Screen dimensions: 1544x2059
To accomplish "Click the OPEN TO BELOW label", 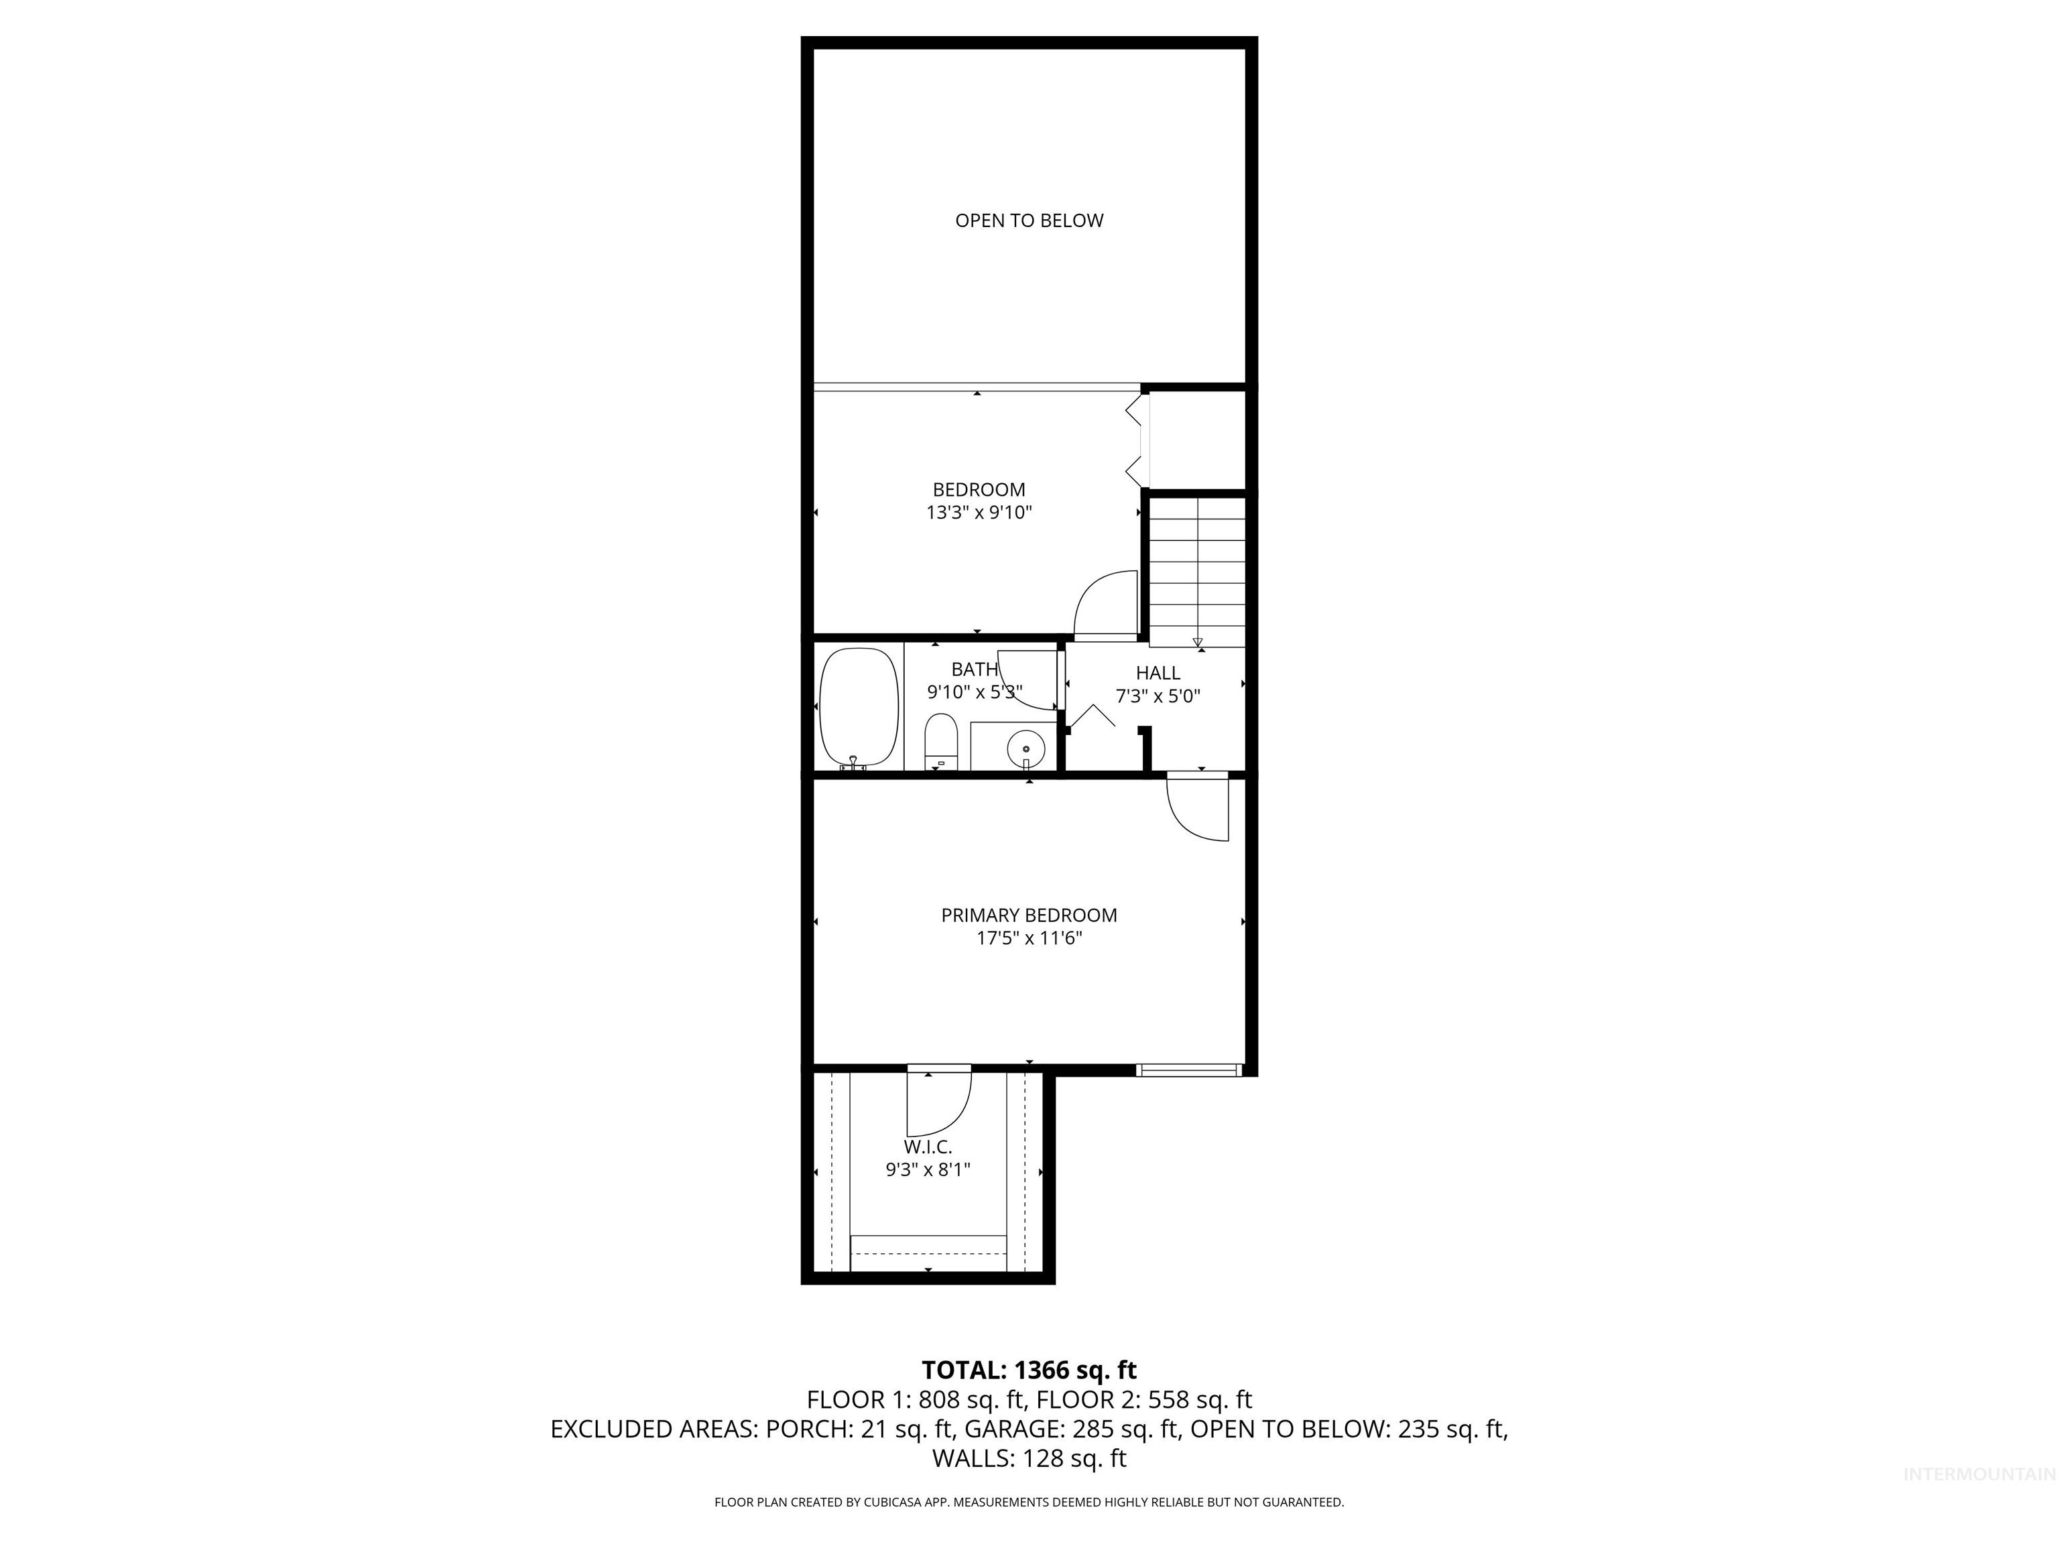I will point(1029,220).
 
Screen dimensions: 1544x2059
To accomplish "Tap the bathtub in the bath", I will point(858,707).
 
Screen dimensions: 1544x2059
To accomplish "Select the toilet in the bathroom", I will point(941,743).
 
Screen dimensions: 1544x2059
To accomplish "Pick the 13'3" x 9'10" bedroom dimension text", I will point(979,513).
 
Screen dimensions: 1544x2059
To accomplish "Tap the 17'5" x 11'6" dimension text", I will point(1029,938).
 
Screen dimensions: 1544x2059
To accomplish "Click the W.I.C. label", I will point(927,1147).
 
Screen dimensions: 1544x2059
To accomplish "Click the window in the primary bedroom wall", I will point(1188,1070).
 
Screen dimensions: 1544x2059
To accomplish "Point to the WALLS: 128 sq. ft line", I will point(1029,1458).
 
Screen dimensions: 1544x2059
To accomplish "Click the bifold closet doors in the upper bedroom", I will point(1135,440).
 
